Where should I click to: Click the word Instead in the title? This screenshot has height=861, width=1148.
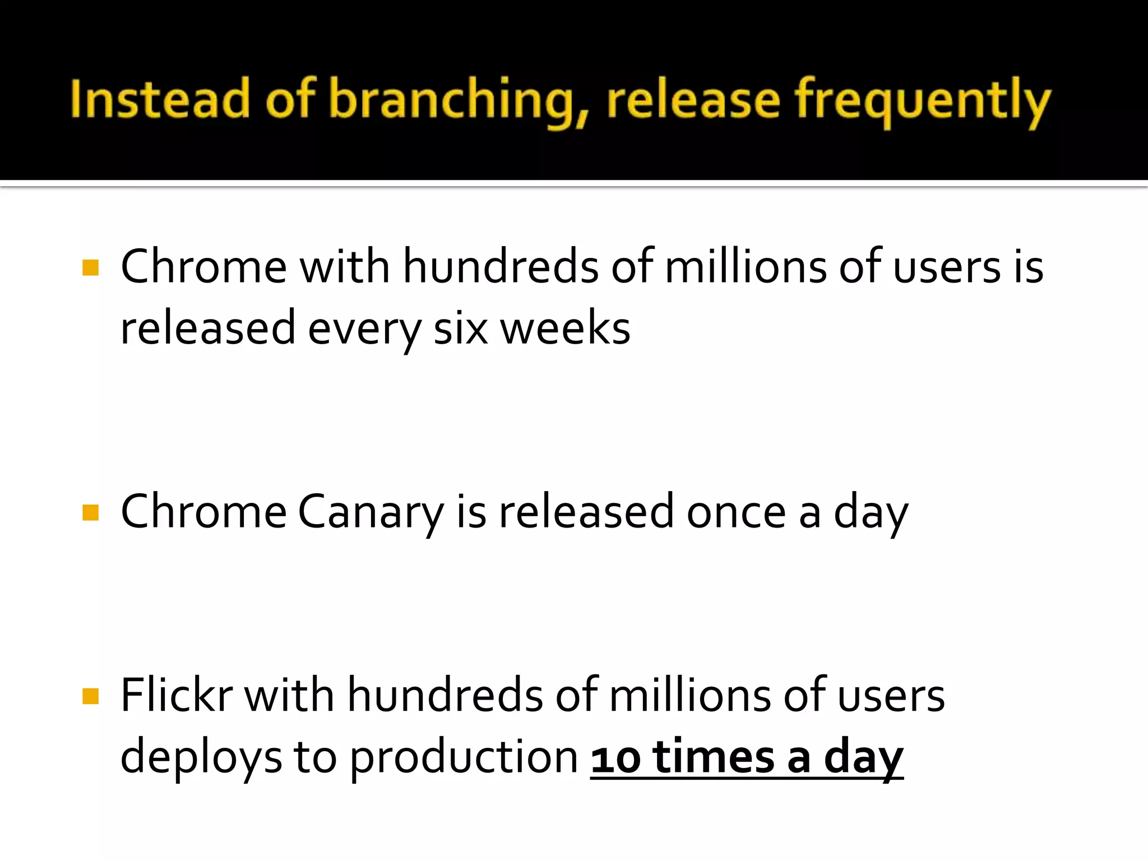click(160, 100)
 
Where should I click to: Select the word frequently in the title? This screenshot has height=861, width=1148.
click(923, 101)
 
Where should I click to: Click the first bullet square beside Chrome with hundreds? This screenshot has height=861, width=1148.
click(90, 267)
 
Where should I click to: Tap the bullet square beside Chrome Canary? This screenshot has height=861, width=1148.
click(90, 512)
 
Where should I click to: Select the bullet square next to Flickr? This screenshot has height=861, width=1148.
click(90, 696)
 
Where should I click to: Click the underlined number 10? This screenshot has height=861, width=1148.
click(615, 758)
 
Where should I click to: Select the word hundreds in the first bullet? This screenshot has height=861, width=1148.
click(501, 267)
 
